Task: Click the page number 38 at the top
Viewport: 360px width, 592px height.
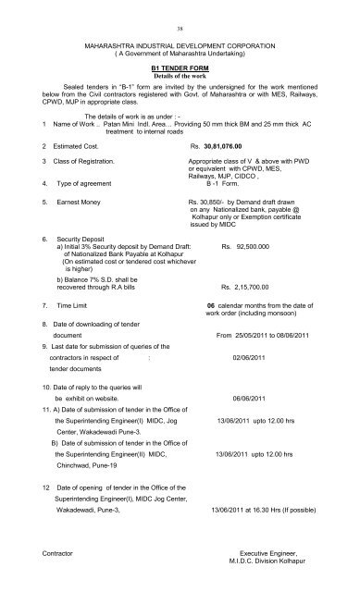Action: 180,29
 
